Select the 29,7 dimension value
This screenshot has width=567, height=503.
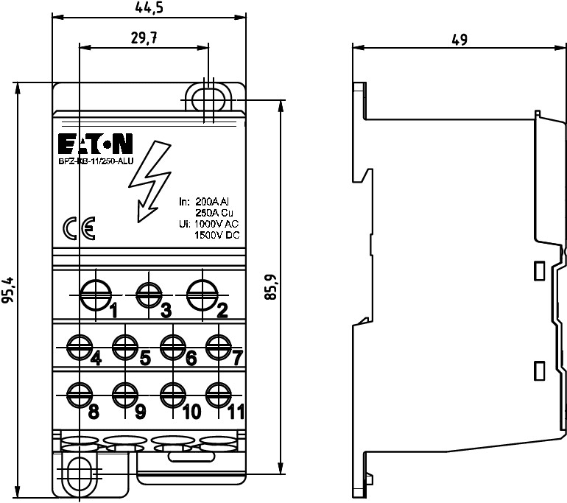tap(144, 38)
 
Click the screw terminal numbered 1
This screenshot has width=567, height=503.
tap(94, 295)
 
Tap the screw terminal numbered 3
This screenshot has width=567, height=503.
tap(149, 295)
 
